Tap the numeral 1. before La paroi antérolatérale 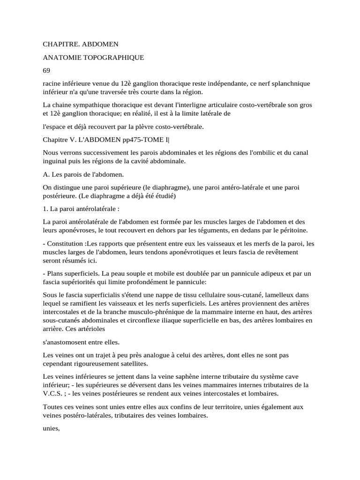pyautogui.click(x=45, y=209)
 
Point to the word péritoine pyautogui.click(x=292, y=230)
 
